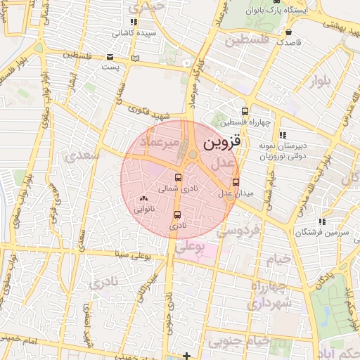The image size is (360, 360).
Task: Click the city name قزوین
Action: pyautogui.click(x=222, y=142)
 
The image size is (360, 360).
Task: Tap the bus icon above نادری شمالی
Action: pyautogui.click(x=177, y=178)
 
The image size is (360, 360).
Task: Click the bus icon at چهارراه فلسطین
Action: pyautogui.click(x=245, y=111)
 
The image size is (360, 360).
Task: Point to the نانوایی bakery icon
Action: pyautogui.click(x=144, y=199)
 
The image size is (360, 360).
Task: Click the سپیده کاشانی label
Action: pyautogui.click(x=136, y=33)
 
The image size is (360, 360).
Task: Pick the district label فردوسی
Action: pyautogui.click(x=240, y=230)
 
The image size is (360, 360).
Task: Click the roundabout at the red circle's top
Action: pyautogui.click(x=192, y=154)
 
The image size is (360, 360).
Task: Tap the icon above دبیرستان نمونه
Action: pyautogui.click(x=283, y=135)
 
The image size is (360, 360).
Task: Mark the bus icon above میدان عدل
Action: pyautogui.click(x=235, y=181)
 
